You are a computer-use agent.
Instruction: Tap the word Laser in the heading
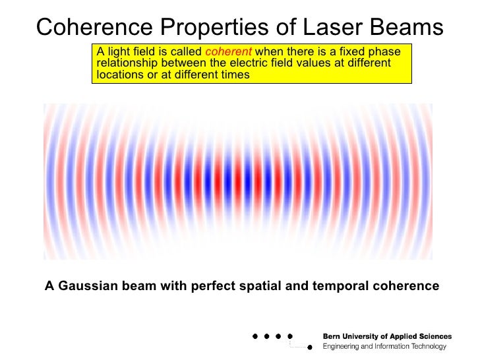324,27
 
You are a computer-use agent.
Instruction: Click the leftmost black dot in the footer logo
255,336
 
